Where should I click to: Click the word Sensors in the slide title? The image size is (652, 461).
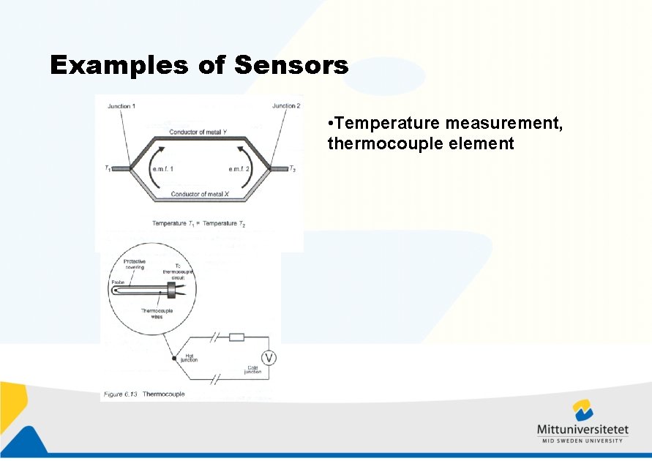point(291,66)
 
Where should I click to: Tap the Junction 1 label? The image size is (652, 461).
point(121,107)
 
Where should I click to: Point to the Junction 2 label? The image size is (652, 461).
point(286,106)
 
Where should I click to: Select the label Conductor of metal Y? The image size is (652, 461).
point(198,132)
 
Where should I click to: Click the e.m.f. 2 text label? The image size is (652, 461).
point(242,170)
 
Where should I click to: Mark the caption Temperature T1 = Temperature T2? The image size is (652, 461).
point(198,222)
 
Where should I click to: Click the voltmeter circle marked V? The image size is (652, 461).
point(269,357)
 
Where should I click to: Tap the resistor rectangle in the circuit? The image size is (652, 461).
point(237,337)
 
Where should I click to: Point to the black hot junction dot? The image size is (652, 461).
point(174,358)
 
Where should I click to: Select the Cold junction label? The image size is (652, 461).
point(252,370)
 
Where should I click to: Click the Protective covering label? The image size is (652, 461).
point(134,264)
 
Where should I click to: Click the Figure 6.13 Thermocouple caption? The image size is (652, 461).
point(144,394)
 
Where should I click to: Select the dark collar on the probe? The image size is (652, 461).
point(173,290)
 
